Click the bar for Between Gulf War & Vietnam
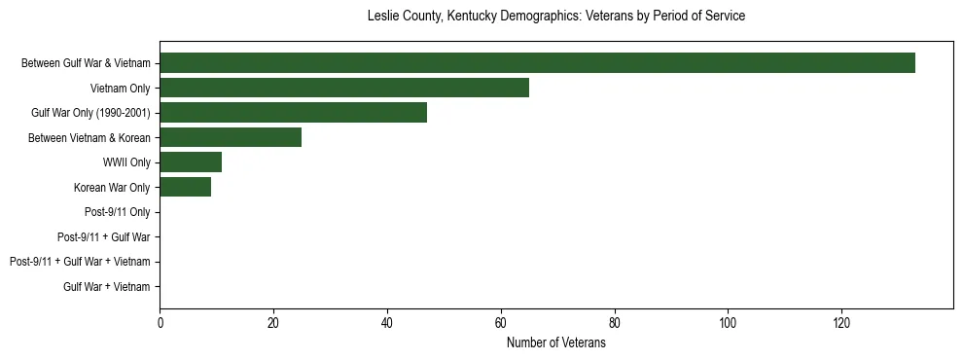pos(537,63)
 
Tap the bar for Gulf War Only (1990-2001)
pos(293,113)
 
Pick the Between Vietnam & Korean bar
pos(231,137)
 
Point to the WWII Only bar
pos(191,162)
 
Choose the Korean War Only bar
pos(185,187)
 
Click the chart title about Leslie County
pos(556,17)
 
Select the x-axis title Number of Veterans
pos(556,343)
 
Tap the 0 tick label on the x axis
pos(160,324)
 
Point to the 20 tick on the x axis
pos(273,324)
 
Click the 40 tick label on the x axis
pos(387,324)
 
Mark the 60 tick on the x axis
pos(501,324)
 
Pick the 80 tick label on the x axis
pos(614,324)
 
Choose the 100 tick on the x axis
pos(728,324)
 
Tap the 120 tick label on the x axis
pos(841,324)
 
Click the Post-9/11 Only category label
pos(118,212)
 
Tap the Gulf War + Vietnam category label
pos(107,286)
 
